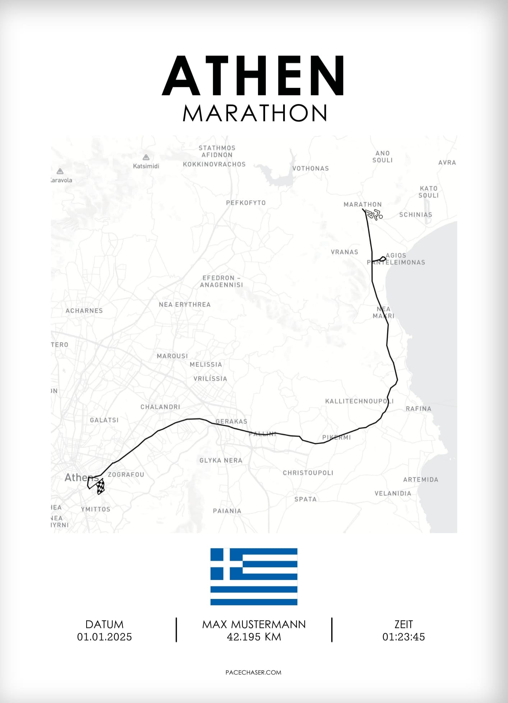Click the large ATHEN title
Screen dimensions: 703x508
click(x=254, y=76)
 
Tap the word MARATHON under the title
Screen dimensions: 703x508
click(x=254, y=113)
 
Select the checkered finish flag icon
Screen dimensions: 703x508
click(x=101, y=487)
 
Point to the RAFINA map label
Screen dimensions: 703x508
click(x=418, y=409)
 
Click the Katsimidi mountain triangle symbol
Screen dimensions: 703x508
click(x=146, y=157)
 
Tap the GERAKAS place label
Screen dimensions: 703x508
click(x=231, y=421)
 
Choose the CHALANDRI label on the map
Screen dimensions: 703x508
click(x=160, y=407)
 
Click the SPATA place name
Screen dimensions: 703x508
click(x=305, y=499)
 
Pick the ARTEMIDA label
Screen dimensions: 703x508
click(x=420, y=479)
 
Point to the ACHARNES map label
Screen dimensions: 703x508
click(x=84, y=311)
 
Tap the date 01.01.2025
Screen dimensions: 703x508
click(x=104, y=637)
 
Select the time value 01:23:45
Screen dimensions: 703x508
click(x=403, y=637)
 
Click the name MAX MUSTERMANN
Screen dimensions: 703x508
click(x=254, y=624)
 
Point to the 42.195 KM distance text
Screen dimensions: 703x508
click(x=254, y=637)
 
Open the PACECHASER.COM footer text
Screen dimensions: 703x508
click(x=253, y=672)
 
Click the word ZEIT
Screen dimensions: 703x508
click(x=403, y=624)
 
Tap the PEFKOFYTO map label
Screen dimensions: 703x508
click(x=246, y=203)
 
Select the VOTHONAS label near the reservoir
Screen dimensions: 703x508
click(x=310, y=168)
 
